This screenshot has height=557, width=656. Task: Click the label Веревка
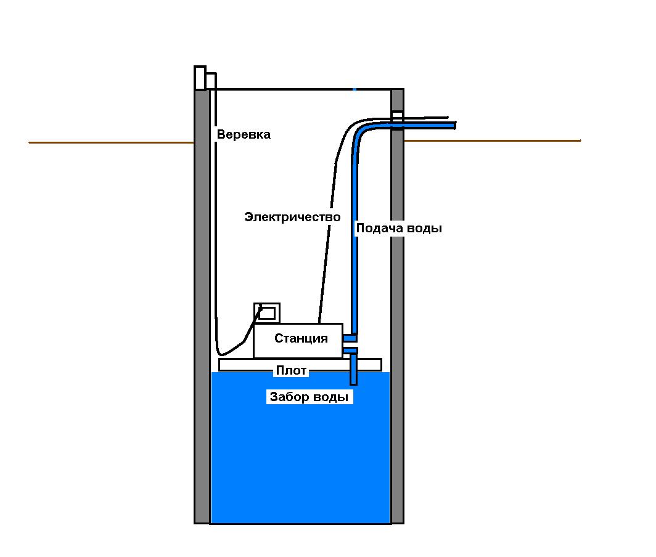(244, 134)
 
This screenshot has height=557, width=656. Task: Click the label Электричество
(292, 217)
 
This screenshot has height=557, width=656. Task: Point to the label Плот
(291, 371)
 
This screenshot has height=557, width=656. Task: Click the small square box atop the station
(267, 312)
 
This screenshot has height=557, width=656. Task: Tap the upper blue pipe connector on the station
(350, 338)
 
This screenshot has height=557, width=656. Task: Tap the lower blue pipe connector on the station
(350, 351)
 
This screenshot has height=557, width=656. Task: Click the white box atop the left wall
(200, 78)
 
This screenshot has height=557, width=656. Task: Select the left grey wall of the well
(202, 308)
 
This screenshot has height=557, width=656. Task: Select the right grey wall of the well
(398, 308)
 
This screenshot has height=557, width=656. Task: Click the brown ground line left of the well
(111, 143)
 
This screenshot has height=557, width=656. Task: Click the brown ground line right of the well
(493, 141)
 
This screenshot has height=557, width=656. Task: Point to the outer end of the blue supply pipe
(453, 125)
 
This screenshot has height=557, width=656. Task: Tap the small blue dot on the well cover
(355, 89)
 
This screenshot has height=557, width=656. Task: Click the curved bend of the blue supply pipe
(359, 131)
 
